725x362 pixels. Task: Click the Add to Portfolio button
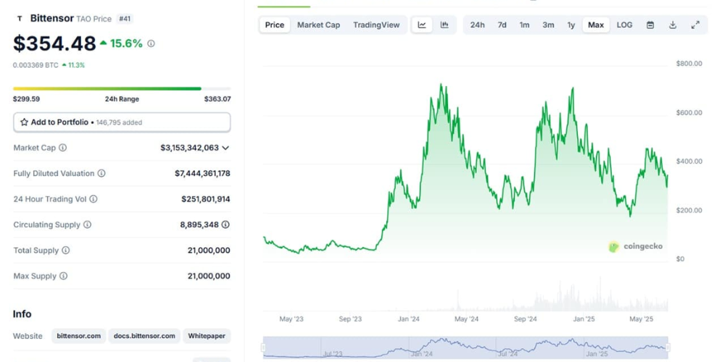(x=122, y=122)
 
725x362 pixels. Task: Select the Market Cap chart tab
(x=318, y=25)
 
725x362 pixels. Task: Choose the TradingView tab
(x=376, y=25)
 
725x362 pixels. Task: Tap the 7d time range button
(x=502, y=25)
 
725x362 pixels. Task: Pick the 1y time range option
(x=571, y=25)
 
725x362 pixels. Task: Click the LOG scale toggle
(x=624, y=25)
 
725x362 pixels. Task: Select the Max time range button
(x=596, y=25)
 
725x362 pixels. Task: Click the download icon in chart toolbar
(x=673, y=25)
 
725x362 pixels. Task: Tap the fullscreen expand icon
(x=695, y=25)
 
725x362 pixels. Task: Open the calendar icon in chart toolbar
(x=650, y=25)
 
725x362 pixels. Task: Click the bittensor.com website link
(x=79, y=336)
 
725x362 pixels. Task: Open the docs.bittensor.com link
(x=144, y=336)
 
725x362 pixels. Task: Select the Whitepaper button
(x=207, y=336)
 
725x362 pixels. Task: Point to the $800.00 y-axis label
(x=689, y=64)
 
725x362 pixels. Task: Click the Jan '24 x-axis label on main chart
(x=409, y=319)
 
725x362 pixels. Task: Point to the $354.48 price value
(x=54, y=43)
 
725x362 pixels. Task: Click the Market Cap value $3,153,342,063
(x=189, y=148)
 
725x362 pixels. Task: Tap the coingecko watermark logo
(x=636, y=246)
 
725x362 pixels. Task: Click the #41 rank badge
(x=124, y=19)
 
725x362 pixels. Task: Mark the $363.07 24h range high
(x=217, y=99)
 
